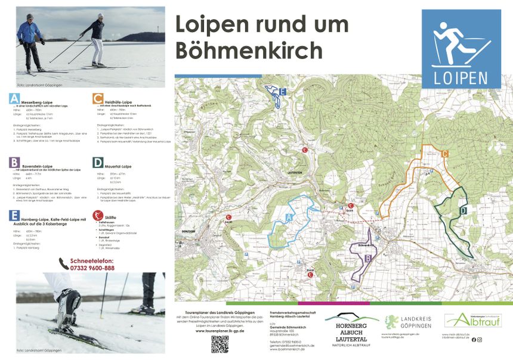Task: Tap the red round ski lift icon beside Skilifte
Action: [x=97, y=216]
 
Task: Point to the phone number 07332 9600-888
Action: [x=92, y=268]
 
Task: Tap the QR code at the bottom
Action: [x=220, y=345]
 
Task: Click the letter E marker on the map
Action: [x=282, y=91]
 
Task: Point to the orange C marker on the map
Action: [x=444, y=154]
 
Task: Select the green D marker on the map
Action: [x=463, y=210]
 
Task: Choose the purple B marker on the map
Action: [x=367, y=258]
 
